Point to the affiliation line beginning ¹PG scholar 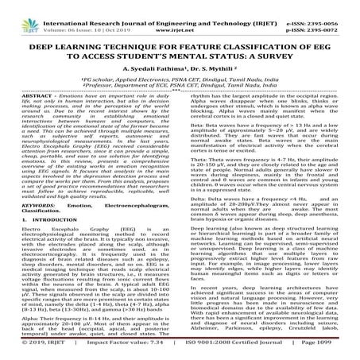point(180,83)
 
